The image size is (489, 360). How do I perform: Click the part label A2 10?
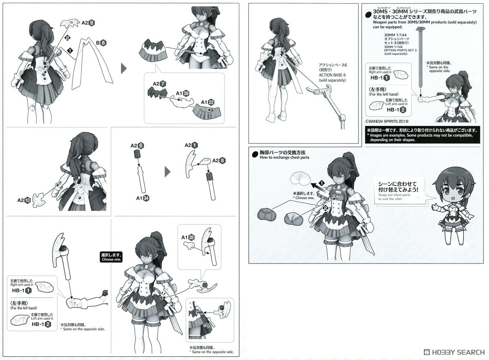24,200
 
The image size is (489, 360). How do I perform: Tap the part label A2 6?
137,145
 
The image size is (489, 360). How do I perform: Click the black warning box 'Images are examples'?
423,134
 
